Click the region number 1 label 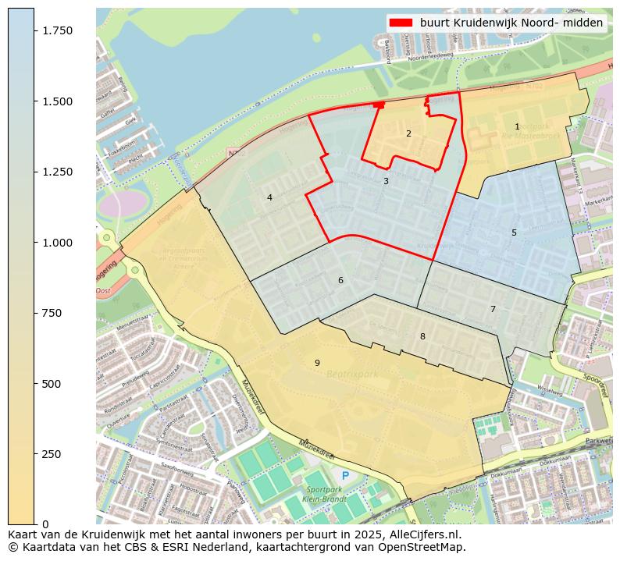pyautogui.click(x=517, y=126)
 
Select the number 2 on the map pyautogui.click(x=408, y=133)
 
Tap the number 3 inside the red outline pyautogui.click(x=386, y=181)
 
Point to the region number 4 pyautogui.click(x=269, y=197)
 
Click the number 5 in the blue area pyautogui.click(x=514, y=233)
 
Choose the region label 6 pyautogui.click(x=340, y=280)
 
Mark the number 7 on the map pyautogui.click(x=493, y=309)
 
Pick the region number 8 pyautogui.click(x=422, y=336)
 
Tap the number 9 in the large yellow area pyautogui.click(x=317, y=363)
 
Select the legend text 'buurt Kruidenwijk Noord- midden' pyautogui.click(x=511, y=23)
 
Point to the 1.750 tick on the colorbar pyautogui.click(x=56, y=30)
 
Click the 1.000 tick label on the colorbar pyautogui.click(x=56, y=243)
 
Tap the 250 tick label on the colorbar pyautogui.click(x=52, y=454)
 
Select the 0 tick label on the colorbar pyautogui.click(x=45, y=524)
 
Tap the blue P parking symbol pyautogui.click(x=345, y=475)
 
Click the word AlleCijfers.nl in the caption pyautogui.click(x=426, y=535)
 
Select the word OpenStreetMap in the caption pyautogui.click(x=429, y=547)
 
